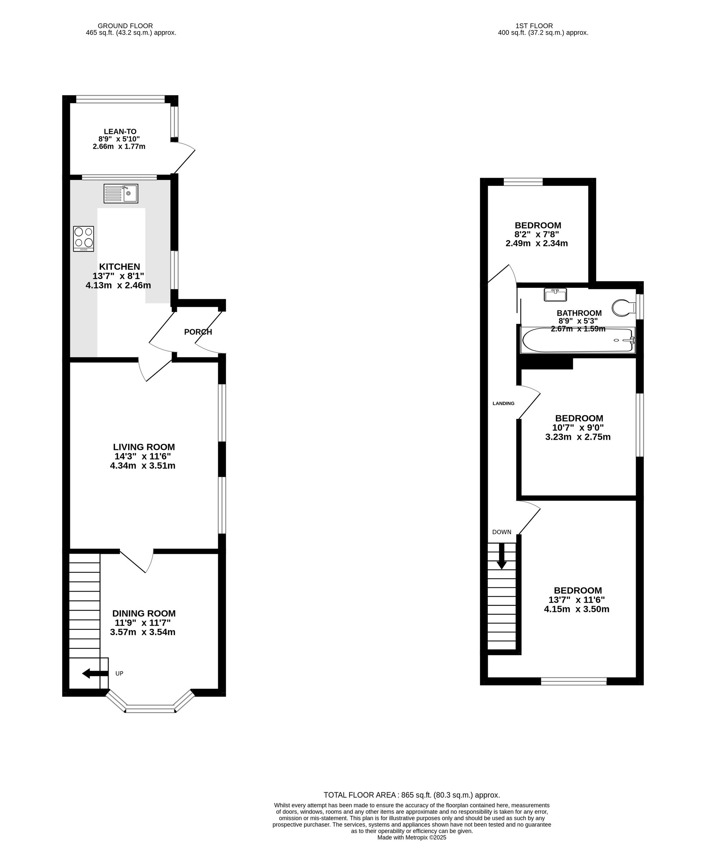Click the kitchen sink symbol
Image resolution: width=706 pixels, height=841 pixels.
pos(120,194)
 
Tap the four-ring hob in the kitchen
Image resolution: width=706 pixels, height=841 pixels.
pos(84,239)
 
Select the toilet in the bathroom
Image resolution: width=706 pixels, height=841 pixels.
pos(624,308)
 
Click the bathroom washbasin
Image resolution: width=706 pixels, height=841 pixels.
pos(556,295)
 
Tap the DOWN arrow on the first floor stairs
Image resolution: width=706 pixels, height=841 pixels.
pos(502,556)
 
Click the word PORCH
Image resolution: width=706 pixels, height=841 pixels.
pos(198,332)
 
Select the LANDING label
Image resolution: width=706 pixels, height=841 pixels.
pos(503,403)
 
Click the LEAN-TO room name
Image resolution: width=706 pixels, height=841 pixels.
pos(120,131)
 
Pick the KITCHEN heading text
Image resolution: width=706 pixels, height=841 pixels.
pos(120,267)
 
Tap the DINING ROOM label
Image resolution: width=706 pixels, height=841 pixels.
pos(144,614)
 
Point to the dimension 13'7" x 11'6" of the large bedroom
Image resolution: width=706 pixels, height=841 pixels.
pos(577,600)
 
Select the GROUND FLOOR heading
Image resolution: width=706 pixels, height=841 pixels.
pos(125,26)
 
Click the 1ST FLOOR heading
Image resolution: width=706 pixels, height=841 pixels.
pos(534,26)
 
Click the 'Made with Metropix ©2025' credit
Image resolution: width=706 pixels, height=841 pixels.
pos(412,837)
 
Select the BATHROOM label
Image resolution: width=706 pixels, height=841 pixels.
pos(579,313)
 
